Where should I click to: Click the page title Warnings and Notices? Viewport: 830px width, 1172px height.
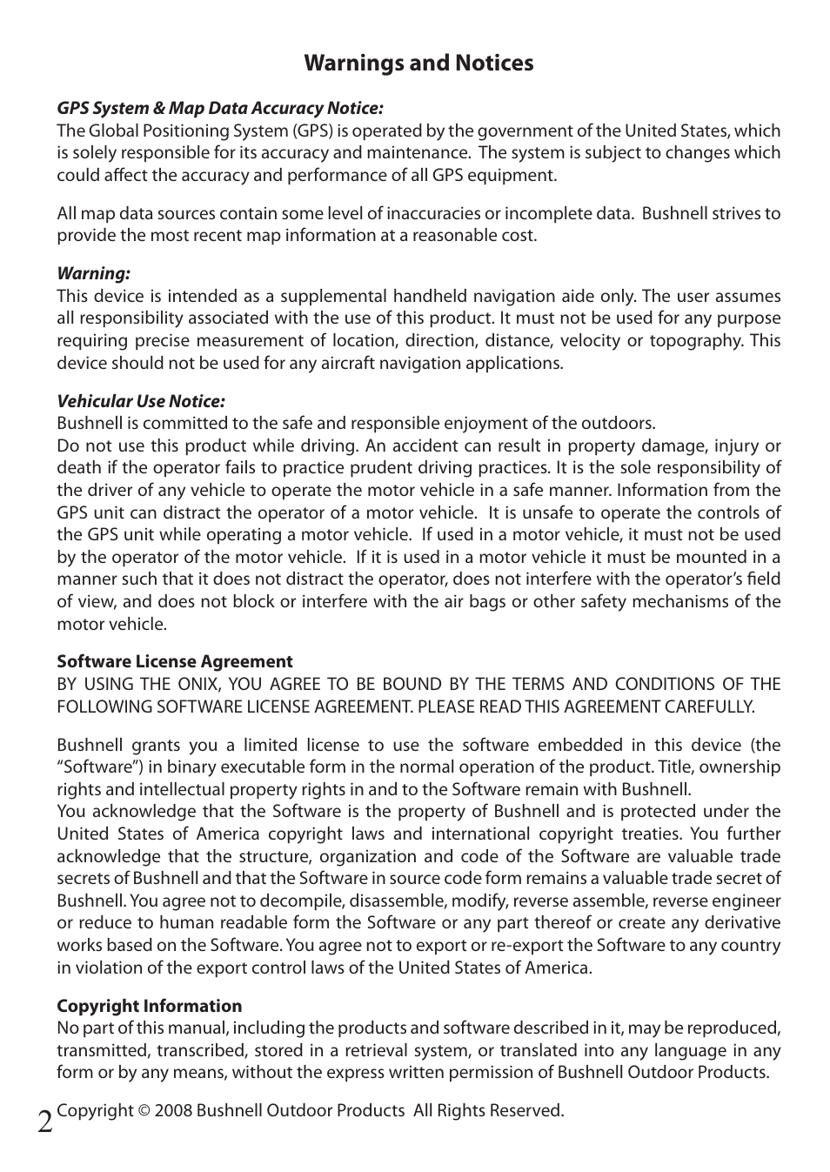(x=418, y=64)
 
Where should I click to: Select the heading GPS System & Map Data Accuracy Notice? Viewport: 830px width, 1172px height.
(x=220, y=108)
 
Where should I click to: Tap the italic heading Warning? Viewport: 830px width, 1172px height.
(x=93, y=274)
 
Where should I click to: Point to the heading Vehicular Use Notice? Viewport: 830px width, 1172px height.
(x=141, y=401)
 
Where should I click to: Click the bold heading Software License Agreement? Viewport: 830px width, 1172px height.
(x=175, y=661)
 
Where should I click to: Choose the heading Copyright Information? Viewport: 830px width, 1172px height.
(x=150, y=1006)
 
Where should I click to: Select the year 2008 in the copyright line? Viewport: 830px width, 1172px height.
(x=172, y=1111)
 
